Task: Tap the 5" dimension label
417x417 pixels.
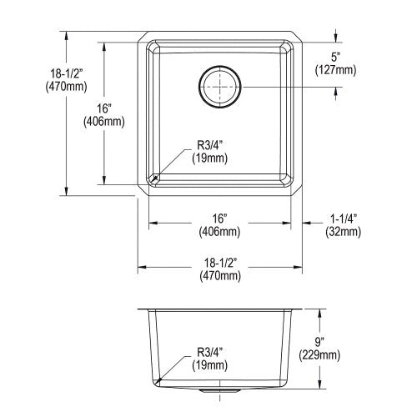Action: tap(336, 58)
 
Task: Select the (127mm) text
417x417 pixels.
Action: tap(335, 70)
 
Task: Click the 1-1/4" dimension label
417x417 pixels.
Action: tap(344, 219)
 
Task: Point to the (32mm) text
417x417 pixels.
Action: tap(344, 232)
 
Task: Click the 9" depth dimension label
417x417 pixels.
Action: tap(319, 342)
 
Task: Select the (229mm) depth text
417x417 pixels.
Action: tap(319, 355)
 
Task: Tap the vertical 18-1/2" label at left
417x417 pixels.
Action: tap(66, 74)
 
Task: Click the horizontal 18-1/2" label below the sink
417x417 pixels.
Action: tap(220, 263)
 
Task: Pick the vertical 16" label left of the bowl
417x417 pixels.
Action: tap(104, 108)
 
